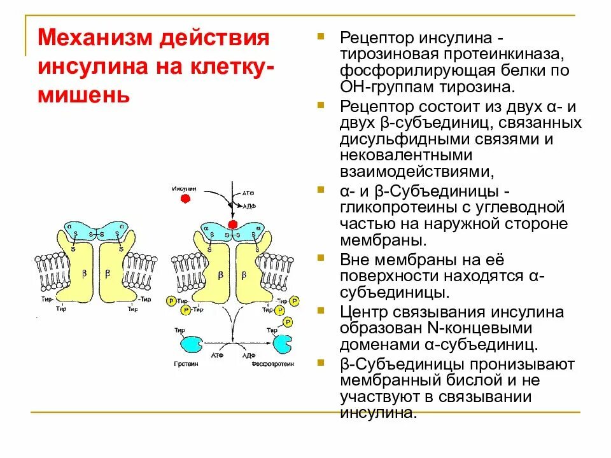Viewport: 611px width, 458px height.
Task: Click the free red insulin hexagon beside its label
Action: coord(186,198)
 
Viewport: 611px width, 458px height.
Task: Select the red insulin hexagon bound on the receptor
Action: coord(232,225)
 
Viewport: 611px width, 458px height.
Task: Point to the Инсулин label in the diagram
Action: coord(185,189)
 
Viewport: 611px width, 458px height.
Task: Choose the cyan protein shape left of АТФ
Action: coord(189,344)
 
